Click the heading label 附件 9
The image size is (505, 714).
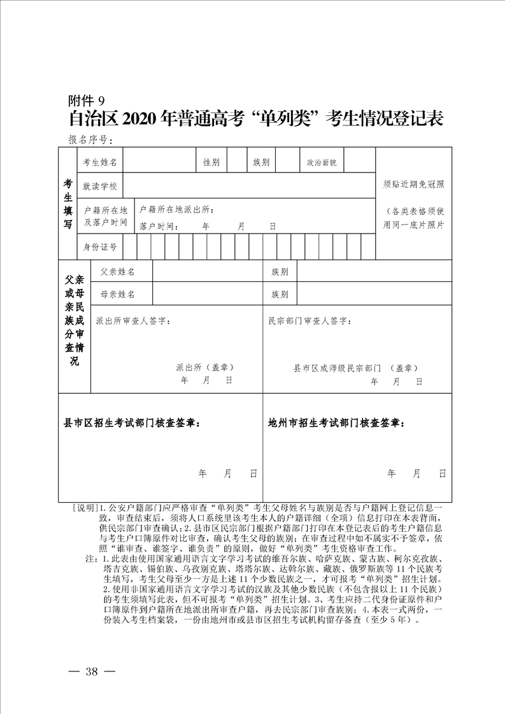pos(89,101)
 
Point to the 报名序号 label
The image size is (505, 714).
pos(90,140)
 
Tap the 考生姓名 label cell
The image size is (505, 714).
pos(100,163)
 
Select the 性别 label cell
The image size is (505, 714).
pos(211,163)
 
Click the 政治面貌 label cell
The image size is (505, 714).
pos(322,163)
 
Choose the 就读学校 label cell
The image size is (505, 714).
pos(100,186)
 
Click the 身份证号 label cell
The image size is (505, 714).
pos(100,247)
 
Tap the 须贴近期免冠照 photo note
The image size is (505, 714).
pos(413,185)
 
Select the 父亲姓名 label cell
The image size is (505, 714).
pos(118,272)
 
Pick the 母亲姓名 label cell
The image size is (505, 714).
pos(118,295)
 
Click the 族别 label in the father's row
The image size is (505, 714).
pos(280,272)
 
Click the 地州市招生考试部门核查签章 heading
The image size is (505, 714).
pos(336,423)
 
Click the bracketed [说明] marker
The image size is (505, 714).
pos(85,508)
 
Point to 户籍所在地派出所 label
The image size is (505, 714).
pos(176,210)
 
